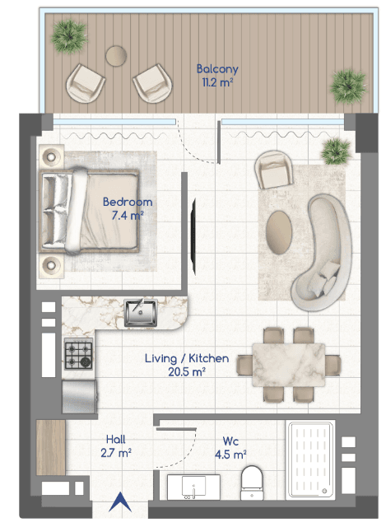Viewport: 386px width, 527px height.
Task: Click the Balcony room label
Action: pyautogui.click(x=217, y=69)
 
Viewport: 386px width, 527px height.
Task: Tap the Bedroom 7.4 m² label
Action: pyautogui.click(x=128, y=208)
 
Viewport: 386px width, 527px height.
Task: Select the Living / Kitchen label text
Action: pyautogui.click(x=187, y=358)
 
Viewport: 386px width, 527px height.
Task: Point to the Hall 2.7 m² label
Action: pyautogui.click(x=116, y=446)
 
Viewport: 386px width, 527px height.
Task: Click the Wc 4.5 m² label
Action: pyautogui.click(x=230, y=448)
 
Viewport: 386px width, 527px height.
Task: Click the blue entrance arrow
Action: pyautogui.click(x=120, y=501)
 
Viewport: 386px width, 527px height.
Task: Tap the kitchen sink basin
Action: pyautogui.click(x=141, y=313)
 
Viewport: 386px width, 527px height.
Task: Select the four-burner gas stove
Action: pyautogui.click(x=79, y=355)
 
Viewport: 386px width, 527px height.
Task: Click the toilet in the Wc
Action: pyautogui.click(x=252, y=483)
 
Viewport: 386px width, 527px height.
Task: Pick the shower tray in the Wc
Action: pyautogui.click(x=310, y=459)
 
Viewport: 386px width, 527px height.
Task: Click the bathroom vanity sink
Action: pyautogui.click(x=193, y=487)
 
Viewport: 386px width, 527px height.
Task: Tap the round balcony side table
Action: pyautogui.click(x=116, y=56)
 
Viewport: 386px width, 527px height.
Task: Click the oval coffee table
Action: pyautogui.click(x=278, y=232)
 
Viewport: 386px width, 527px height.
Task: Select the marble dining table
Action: pyautogui.click(x=289, y=365)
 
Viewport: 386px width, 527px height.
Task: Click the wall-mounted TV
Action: pyautogui.click(x=193, y=236)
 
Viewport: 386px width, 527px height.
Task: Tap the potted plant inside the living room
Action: pyautogui.click(x=335, y=152)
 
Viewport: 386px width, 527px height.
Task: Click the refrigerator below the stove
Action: pyautogui.click(x=80, y=397)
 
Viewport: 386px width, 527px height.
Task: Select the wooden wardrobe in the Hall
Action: pyautogui.click(x=51, y=447)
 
